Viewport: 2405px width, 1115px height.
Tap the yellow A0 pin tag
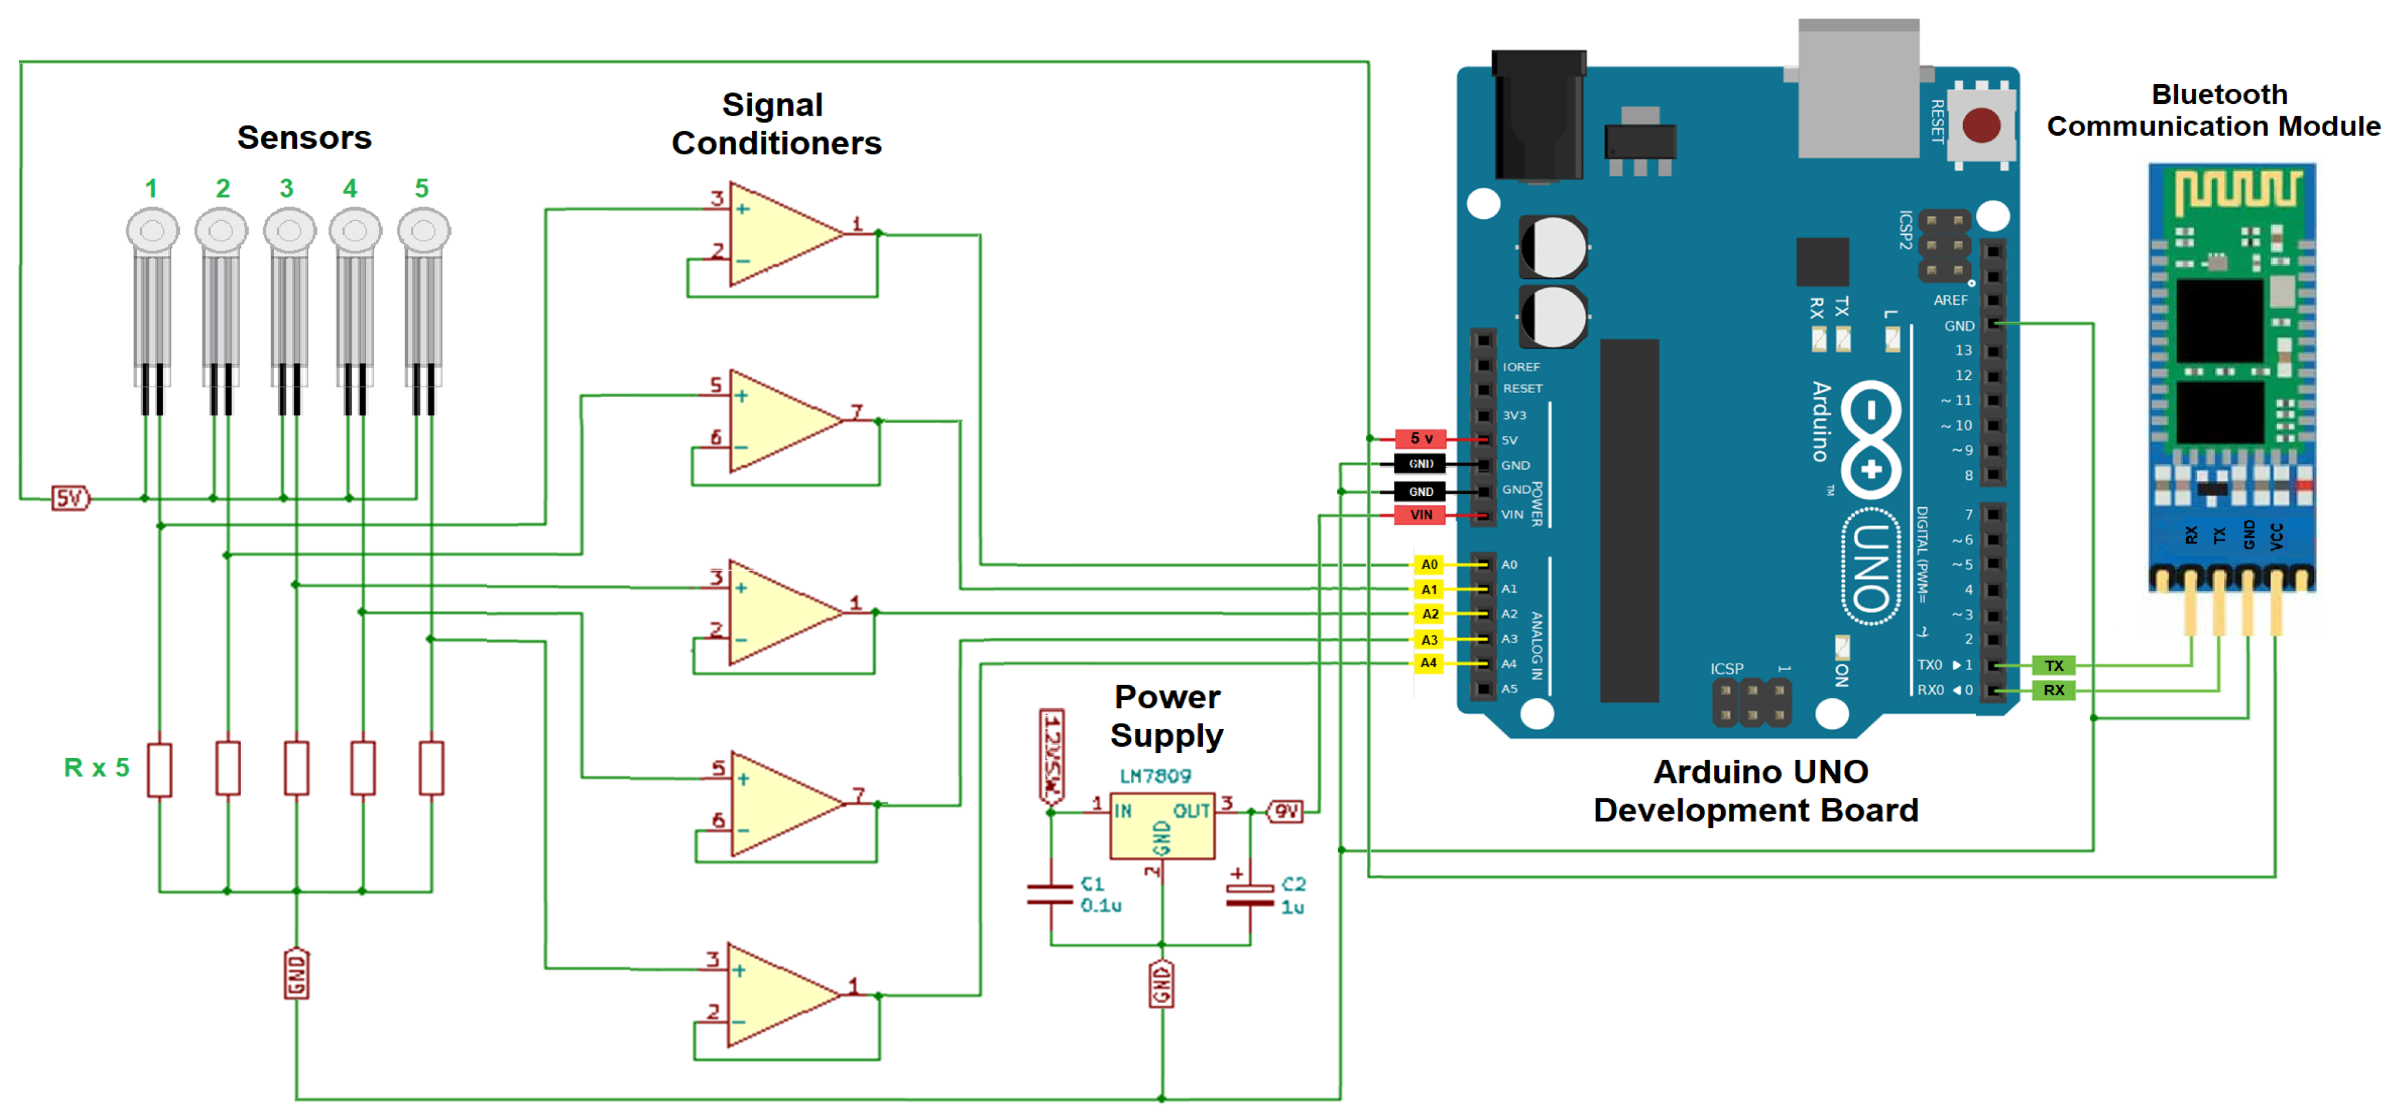click(x=1428, y=564)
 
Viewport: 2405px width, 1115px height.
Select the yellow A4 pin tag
click(x=1428, y=663)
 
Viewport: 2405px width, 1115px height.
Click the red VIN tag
click(x=1420, y=515)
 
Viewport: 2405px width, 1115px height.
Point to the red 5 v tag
click(x=1420, y=438)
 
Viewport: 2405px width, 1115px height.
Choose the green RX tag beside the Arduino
click(x=2053, y=690)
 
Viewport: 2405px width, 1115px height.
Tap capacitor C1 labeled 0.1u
click(x=1050, y=894)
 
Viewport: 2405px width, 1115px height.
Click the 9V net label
click(x=1286, y=811)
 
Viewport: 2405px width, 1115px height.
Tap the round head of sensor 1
click(x=152, y=230)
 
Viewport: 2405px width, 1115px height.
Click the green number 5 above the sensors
click(x=422, y=189)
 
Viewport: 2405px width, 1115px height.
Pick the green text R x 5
click(x=96, y=767)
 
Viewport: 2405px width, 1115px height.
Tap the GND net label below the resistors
click(x=296, y=973)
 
